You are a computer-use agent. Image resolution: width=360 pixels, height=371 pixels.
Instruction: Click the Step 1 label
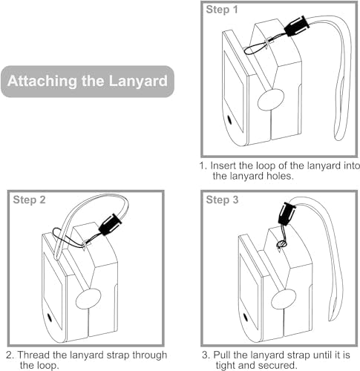[222, 10]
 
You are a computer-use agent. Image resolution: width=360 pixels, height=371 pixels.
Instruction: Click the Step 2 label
[29, 200]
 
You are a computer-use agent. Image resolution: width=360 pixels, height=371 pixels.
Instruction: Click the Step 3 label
[222, 200]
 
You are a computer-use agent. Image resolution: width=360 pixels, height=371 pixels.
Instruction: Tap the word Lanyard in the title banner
[138, 81]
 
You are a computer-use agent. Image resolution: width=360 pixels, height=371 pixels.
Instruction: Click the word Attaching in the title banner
[42, 81]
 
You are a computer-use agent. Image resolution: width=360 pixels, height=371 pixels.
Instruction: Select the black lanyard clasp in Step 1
[297, 25]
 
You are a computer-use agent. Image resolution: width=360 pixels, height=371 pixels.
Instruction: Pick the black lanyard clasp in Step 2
[110, 224]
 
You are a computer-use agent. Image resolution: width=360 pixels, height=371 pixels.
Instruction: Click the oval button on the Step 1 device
[271, 99]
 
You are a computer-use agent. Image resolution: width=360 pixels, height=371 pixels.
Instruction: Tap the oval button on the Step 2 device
[88, 299]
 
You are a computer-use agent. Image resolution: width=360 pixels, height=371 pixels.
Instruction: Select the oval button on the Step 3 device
[284, 299]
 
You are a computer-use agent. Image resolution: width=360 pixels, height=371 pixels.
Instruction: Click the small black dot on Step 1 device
[229, 119]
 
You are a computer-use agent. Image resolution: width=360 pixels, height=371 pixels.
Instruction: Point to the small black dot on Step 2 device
[49, 318]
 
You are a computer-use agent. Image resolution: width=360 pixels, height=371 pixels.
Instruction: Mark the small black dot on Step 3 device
[246, 318]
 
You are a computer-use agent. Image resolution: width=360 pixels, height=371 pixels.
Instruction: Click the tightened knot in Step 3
[281, 245]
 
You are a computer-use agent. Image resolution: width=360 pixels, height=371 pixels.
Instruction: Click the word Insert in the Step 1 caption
[223, 165]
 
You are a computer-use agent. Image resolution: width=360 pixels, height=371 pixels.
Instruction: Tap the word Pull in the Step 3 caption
[222, 355]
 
